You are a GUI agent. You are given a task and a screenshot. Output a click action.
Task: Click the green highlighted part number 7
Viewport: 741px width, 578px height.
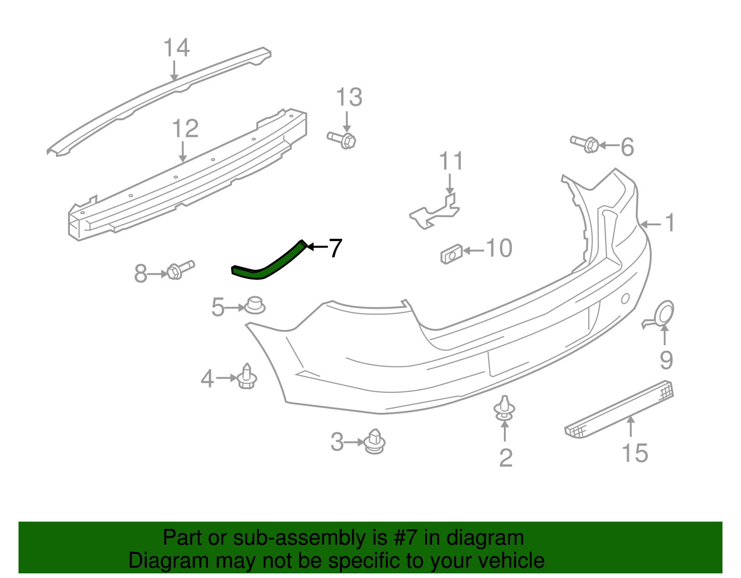click(x=269, y=264)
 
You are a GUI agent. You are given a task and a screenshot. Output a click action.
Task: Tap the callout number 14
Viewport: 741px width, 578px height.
click(x=176, y=48)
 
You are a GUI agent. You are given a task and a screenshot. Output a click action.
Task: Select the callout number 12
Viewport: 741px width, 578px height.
click(x=185, y=129)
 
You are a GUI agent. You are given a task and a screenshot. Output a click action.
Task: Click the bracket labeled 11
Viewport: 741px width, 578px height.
click(x=435, y=212)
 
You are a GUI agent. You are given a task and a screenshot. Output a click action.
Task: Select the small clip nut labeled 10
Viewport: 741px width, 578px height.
click(x=451, y=254)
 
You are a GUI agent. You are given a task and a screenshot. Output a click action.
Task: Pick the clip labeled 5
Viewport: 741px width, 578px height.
click(x=254, y=305)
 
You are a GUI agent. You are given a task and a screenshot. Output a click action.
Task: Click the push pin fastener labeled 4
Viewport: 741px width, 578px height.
click(x=247, y=377)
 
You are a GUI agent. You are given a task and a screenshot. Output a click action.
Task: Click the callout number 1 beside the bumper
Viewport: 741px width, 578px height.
click(x=670, y=223)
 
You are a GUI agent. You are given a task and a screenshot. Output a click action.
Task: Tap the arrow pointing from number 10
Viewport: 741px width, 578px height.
click(x=473, y=250)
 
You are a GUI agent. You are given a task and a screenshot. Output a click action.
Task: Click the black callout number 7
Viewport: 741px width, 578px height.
click(x=335, y=248)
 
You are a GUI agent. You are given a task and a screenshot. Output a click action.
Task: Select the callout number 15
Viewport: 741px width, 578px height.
click(x=634, y=453)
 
